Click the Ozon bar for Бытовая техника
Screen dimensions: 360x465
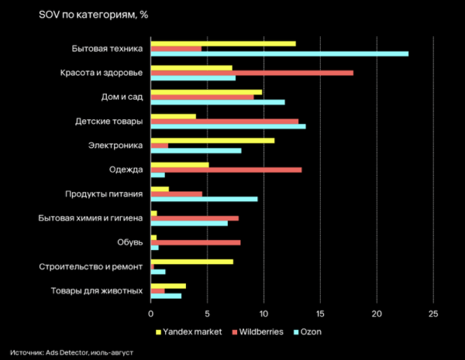[279, 53]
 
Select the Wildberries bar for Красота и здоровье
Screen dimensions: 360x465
[251, 73]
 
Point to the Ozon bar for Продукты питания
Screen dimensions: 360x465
[204, 199]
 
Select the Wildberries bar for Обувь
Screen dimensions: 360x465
[195, 242]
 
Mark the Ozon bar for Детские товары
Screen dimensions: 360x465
[228, 126]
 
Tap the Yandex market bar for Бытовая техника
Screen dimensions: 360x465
[222, 43]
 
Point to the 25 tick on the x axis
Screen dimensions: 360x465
[432, 314]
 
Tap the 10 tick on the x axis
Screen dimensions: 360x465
[263, 314]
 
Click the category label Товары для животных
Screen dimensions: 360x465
[97, 291]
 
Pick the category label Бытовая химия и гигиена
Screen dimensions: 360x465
[91, 218]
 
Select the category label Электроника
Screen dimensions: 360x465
[117, 146]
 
